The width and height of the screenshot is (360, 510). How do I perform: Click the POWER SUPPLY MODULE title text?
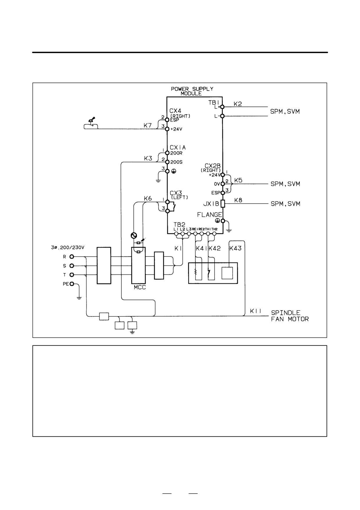point(192,91)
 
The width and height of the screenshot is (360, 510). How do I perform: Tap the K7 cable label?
point(148,125)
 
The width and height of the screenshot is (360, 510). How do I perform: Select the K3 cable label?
point(148,158)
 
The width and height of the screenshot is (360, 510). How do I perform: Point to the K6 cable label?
point(148,198)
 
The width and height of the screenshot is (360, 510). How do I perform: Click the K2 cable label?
point(238,104)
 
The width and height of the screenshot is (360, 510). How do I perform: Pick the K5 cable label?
point(238,180)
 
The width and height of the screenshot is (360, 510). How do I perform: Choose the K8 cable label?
point(238,200)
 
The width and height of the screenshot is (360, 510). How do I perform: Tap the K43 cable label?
point(235,248)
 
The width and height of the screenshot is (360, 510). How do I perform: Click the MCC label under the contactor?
point(140,287)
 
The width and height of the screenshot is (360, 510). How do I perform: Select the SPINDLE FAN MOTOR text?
point(290,316)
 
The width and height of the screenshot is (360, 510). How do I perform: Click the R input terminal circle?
point(72,257)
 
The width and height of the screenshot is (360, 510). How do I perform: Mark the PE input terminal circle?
point(72,284)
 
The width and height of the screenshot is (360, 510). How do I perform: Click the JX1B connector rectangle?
point(223,204)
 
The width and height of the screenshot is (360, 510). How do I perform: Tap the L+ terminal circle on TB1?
point(222,107)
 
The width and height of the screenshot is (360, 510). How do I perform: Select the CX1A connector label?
point(178,148)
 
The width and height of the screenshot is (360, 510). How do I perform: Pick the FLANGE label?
point(209,215)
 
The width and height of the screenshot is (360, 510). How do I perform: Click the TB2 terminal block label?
point(179,225)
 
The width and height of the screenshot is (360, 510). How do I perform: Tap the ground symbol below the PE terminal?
point(79,298)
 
